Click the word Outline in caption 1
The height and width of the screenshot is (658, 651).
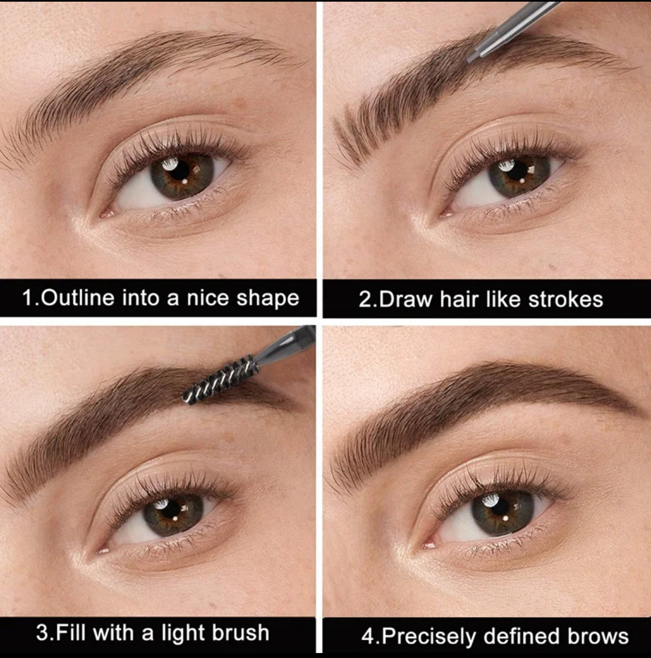click(78, 298)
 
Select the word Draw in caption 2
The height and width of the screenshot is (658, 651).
click(405, 299)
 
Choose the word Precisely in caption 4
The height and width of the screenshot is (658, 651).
click(429, 636)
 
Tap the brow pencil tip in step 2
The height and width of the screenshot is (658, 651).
click(470, 59)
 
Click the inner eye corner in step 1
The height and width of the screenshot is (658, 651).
click(105, 214)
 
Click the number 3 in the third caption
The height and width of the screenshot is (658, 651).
click(42, 633)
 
